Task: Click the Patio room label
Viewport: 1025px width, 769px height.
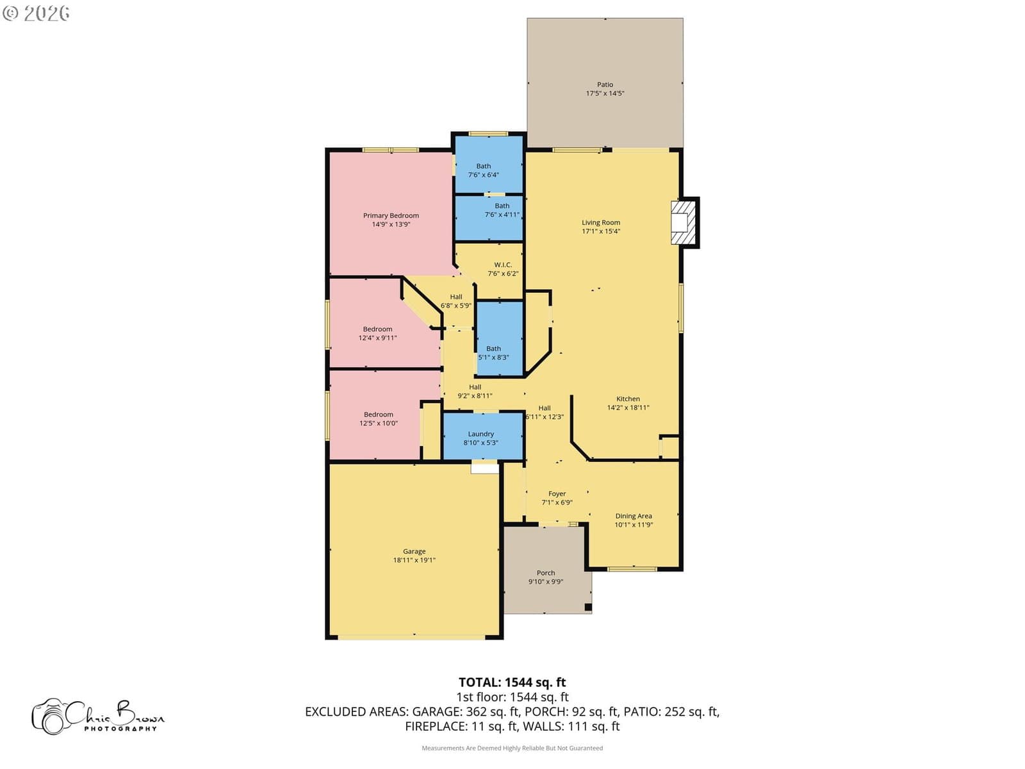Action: (x=605, y=85)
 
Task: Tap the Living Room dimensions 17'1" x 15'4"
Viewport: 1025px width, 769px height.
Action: (x=600, y=231)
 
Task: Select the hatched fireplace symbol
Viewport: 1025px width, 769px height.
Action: (x=683, y=223)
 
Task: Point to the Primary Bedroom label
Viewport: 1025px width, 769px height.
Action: (x=391, y=215)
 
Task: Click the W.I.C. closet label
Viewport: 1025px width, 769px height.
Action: (x=503, y=265)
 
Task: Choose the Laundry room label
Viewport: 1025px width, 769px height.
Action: (x=480, y=434)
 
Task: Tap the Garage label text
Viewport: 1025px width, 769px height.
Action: (x=414, y=551)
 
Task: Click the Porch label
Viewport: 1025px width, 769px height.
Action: (x=545, y=572)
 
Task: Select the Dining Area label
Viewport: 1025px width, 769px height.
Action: (x=633, y=515)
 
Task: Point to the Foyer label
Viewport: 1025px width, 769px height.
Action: (x=557, y=493)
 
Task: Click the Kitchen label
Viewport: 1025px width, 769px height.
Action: (x=628, y=398)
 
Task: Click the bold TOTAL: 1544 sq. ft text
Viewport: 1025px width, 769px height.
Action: (x=512, y=682)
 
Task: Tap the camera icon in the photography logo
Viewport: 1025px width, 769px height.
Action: (x=51, y=716)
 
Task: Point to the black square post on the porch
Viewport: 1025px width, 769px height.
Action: (x=588, y=607)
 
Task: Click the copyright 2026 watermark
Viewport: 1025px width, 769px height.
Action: (x=36, y=13)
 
